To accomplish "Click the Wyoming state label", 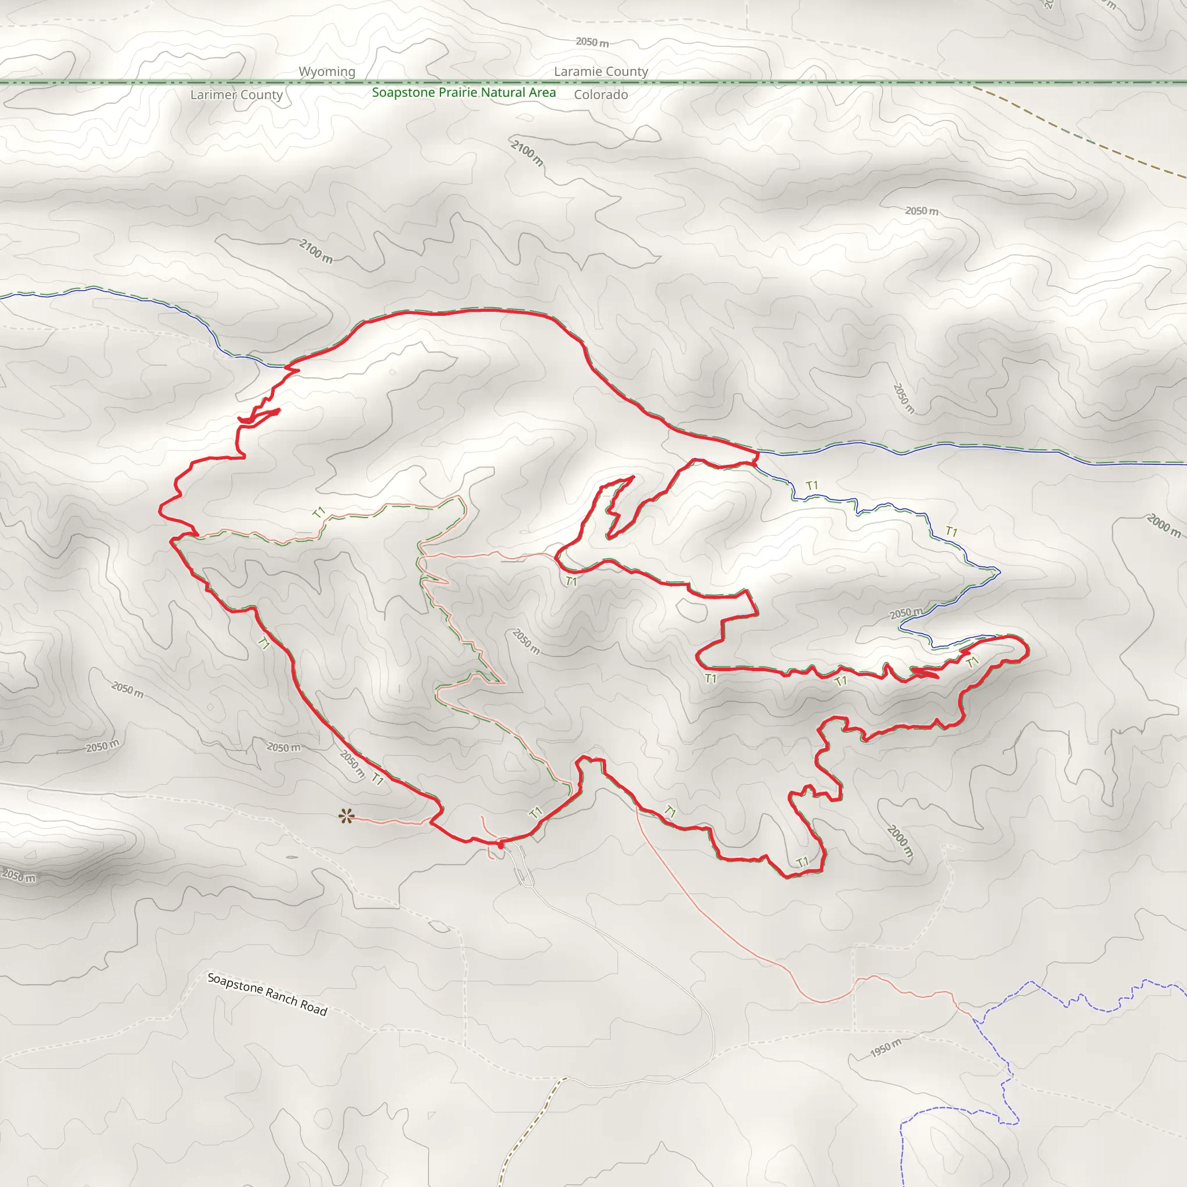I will coord(327,72).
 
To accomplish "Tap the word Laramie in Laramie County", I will coord(577,72).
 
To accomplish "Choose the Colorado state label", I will coord(601,94).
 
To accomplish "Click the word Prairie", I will coord(458,93).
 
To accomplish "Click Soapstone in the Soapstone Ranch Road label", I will coord(235,983).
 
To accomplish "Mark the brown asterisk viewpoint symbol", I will coord(347,817).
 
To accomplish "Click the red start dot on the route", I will coord(501,846).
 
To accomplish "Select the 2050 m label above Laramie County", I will coord(592,42).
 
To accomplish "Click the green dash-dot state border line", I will coord(799,82).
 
